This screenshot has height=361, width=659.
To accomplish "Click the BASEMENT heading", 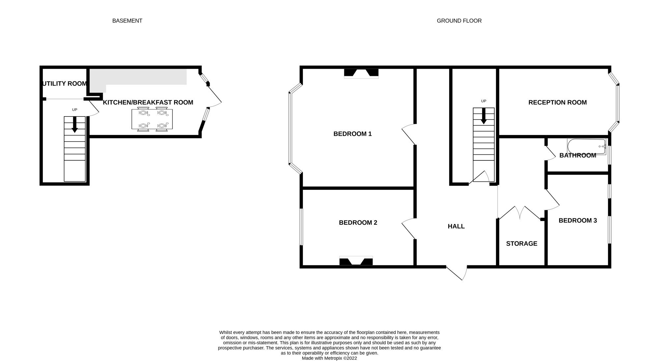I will [x=127, y=21].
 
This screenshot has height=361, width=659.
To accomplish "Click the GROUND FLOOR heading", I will [x=459, y=21].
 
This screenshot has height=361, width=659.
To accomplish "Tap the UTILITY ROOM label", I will [x=65, y=83].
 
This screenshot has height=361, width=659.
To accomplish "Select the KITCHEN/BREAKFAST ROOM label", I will [x=148, y=102].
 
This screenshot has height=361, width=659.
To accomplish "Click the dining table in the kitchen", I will [x=152, y=119].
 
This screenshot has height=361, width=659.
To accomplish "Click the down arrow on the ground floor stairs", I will [x=484, y=116].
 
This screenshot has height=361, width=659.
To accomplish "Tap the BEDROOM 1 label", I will [x=353, y=134].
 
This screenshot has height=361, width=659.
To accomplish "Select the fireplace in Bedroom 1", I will [x=361, y=73].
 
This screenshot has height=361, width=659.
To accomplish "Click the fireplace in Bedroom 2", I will [x=356, y=261].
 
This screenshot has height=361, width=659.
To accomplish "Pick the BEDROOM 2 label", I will [x=358, y=223].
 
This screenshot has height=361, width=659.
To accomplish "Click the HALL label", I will [x=456, y=226].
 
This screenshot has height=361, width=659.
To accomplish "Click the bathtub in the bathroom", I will [x=587, y=146].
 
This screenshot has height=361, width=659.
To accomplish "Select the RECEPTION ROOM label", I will [x=558, y=102].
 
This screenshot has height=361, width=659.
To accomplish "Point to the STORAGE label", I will [x=522, y=244].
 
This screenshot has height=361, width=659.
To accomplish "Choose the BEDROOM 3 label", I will [x=578, y=220].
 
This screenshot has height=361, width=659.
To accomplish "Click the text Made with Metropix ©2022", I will [x=329, y=358].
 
